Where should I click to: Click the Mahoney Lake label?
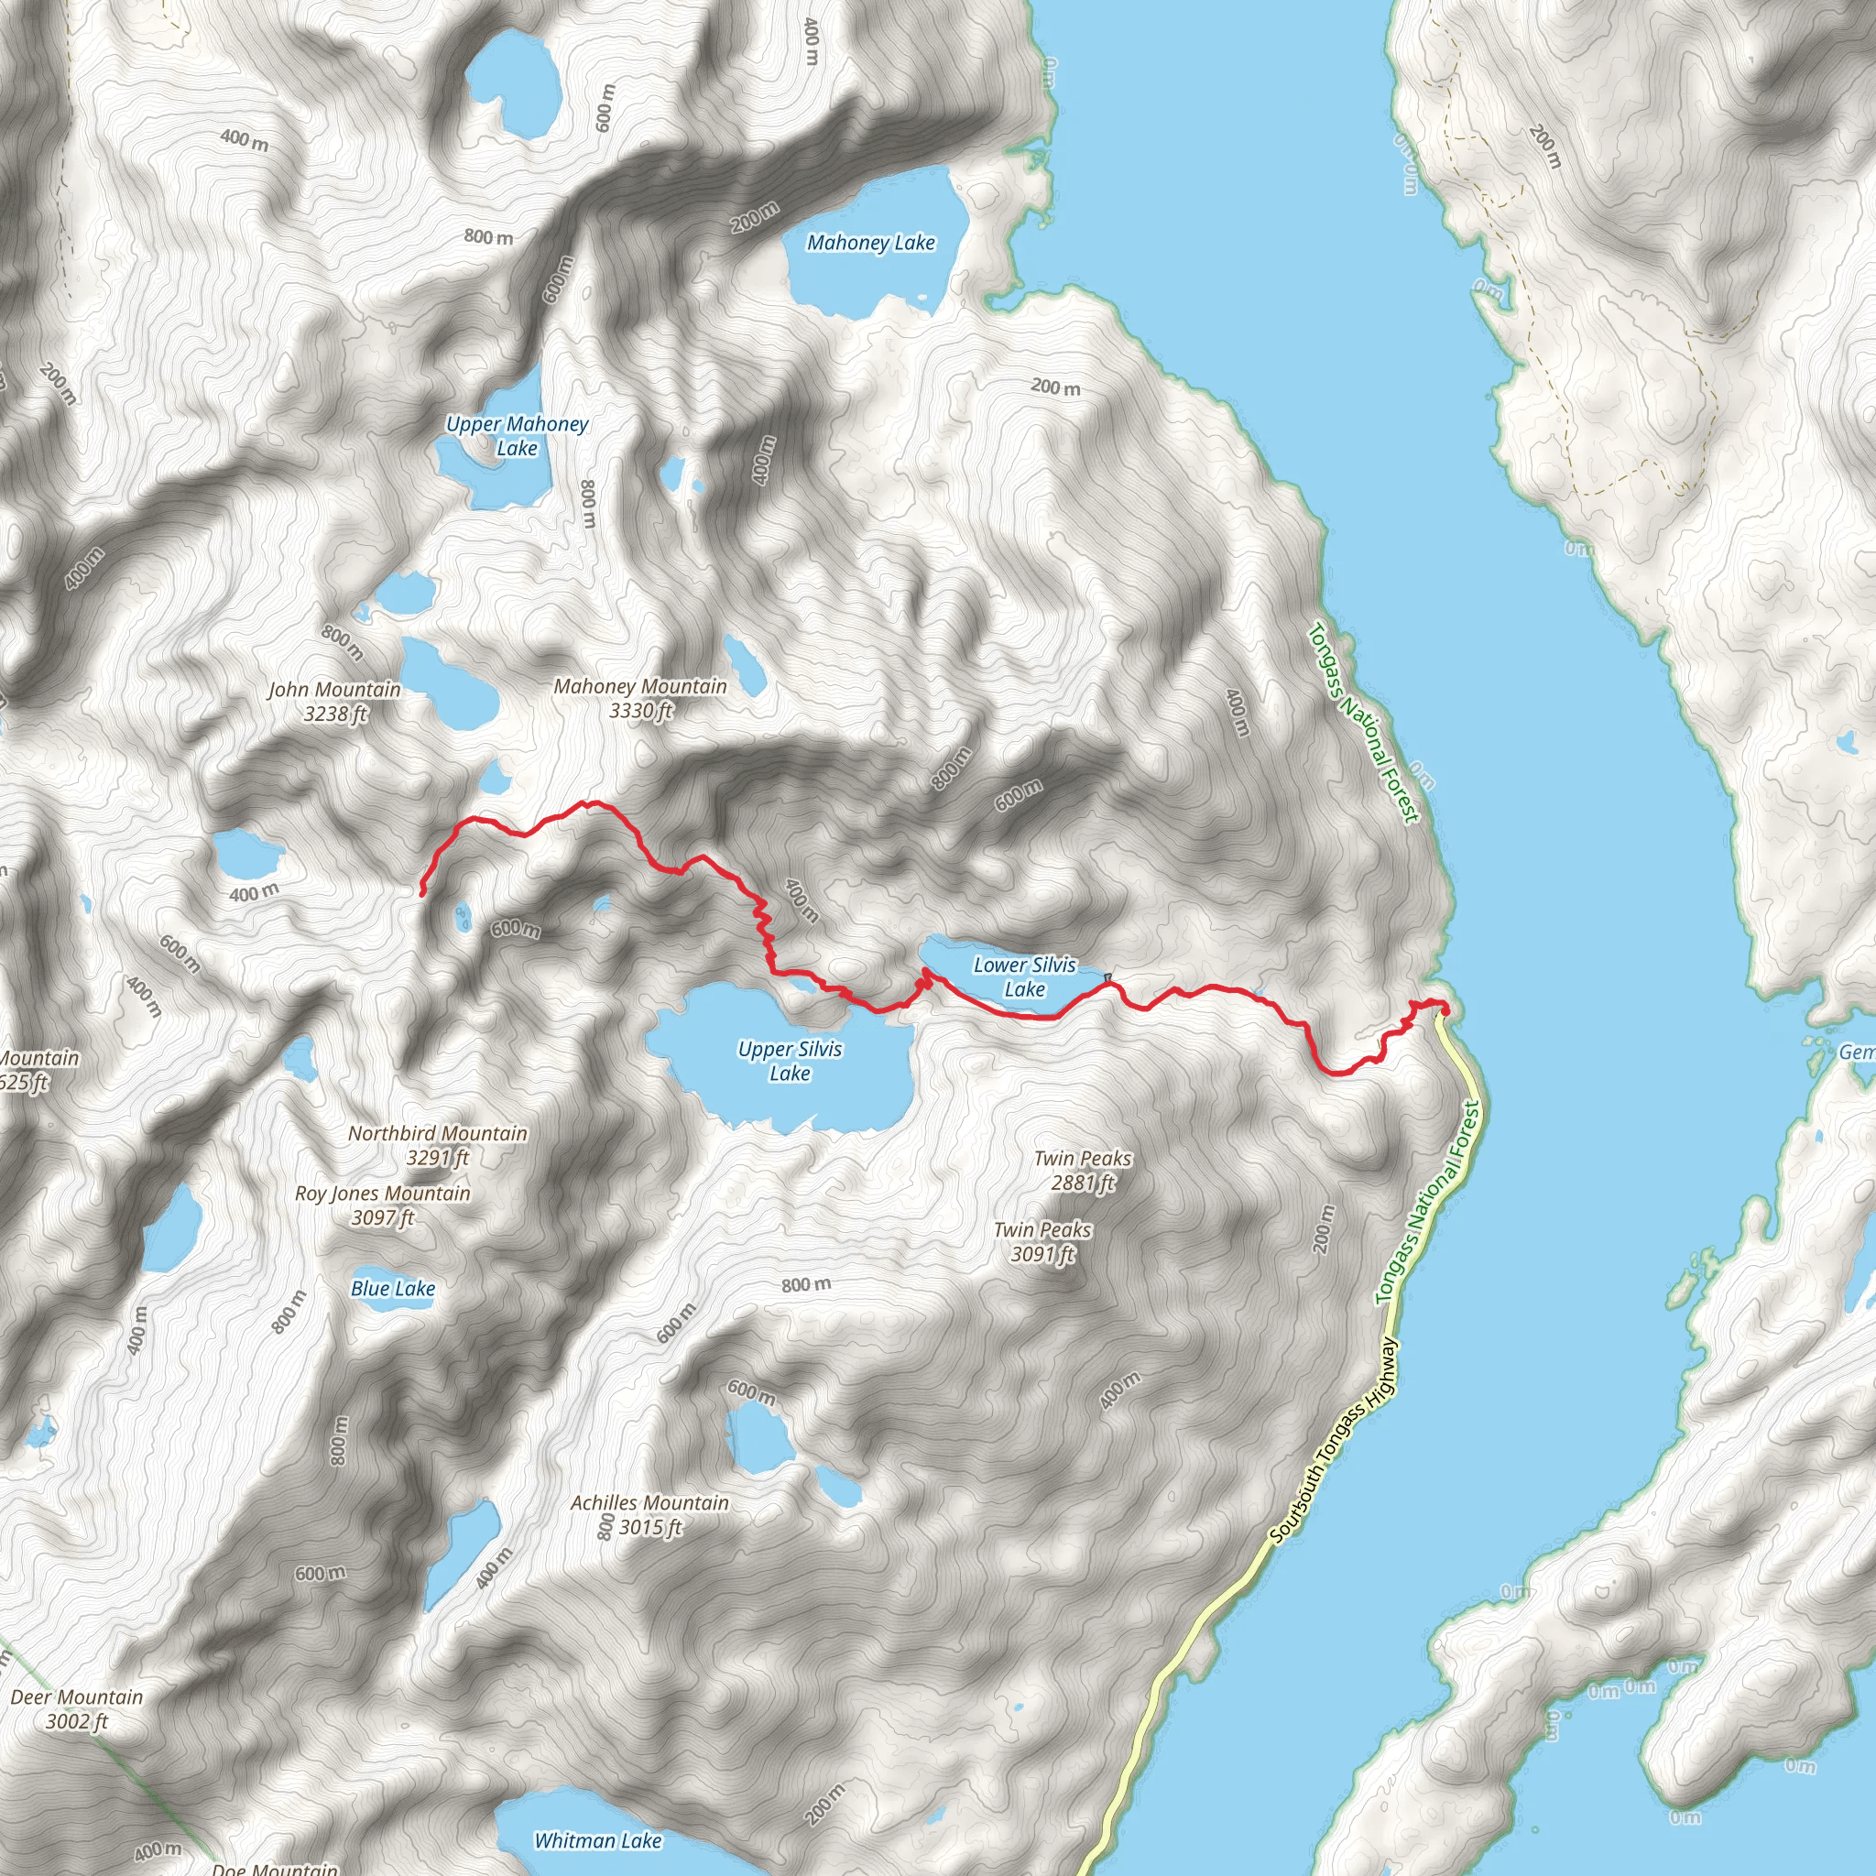point(870,243)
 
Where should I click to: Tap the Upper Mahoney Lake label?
point(517,436)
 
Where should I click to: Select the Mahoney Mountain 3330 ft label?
point(640,698)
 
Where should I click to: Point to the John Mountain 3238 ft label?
point(334,701)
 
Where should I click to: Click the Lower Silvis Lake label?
point(1024,976)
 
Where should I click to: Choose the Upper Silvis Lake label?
point(790,1061)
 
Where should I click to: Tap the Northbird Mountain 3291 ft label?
point(438,1145)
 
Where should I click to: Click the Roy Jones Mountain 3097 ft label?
point(383,1205)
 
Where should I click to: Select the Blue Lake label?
point(392,1289)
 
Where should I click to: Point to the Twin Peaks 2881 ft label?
point(1083,1170)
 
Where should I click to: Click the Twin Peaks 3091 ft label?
point(1042,1242)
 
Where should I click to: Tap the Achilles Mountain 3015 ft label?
point(649,1515)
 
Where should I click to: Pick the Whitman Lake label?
point(598,1840)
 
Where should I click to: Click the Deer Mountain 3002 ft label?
point(77,1709)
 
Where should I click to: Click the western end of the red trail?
point(421,891)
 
